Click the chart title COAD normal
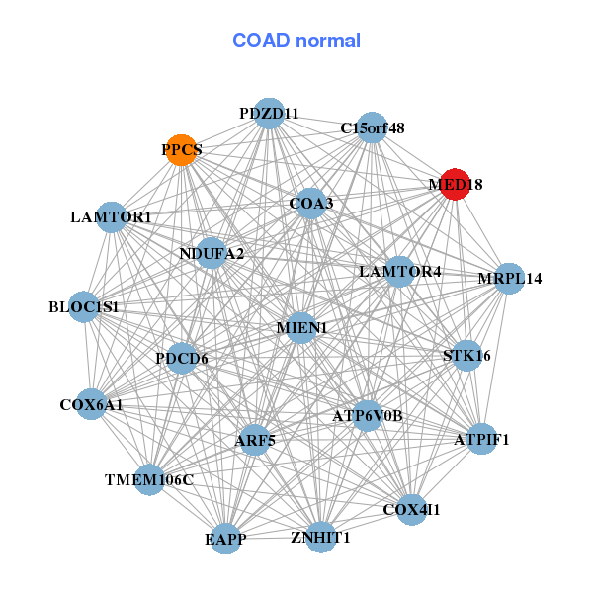[x=296, y=41]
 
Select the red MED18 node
[x=454, y=185]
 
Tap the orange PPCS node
[x=180, y=150]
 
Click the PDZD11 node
[x=269, y=114]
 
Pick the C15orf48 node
[x=371, y=127]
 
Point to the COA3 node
[x=310, y=204]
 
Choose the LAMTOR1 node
[x=112, y=216]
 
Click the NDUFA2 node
[x=211, y=253]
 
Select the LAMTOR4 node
[x=398, y=271]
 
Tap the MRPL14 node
[x=509, y=278]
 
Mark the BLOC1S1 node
[x=84, y=307]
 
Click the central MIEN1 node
[x=301, y=327]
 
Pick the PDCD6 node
[x=182, y=358]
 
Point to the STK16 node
[x=466, y=355]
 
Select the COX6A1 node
[x=92, y=404]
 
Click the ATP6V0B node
[x=368, y=416]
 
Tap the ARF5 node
[x=255, y=440]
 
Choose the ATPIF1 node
[x=481, y=439]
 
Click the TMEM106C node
[x=149, y=480]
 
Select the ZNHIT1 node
[x=320, y=538]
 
